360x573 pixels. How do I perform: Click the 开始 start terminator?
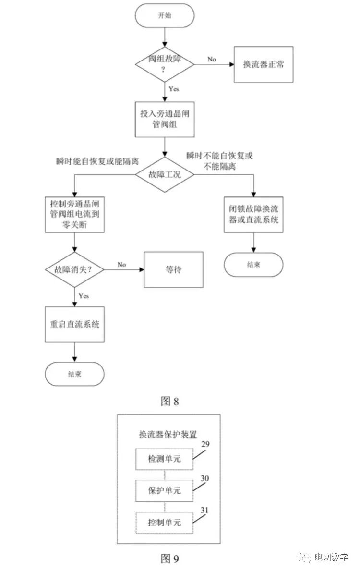point(165,15)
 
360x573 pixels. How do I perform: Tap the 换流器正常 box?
point(263,64)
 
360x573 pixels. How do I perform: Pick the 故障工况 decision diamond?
point(165,175)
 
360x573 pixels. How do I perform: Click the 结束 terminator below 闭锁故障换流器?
point(253,264)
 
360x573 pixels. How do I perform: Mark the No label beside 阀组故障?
point(212,59)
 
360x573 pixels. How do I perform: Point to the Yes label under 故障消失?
point(84,296)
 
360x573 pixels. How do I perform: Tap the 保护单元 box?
point(165,491)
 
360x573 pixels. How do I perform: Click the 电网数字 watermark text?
point(331,558)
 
